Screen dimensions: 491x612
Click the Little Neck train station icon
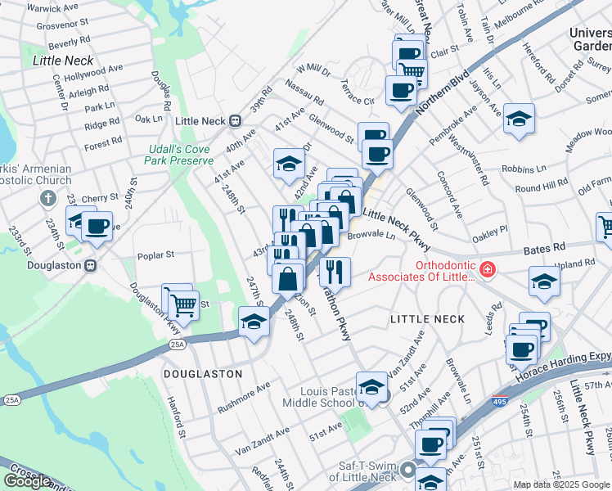click(235, 121)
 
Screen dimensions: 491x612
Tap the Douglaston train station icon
click(92, 265)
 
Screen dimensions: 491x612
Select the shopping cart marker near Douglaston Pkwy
click(183, 305)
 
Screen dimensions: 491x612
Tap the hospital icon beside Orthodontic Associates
click(488, 268)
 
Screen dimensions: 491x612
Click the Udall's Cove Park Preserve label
click(179, 155)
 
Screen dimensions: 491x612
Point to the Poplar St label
click(156, 255)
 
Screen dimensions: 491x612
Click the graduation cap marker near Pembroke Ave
click(518, 119)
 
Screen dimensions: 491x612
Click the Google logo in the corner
click(27, 480)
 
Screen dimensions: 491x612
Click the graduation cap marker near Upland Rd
click(544, 282)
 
